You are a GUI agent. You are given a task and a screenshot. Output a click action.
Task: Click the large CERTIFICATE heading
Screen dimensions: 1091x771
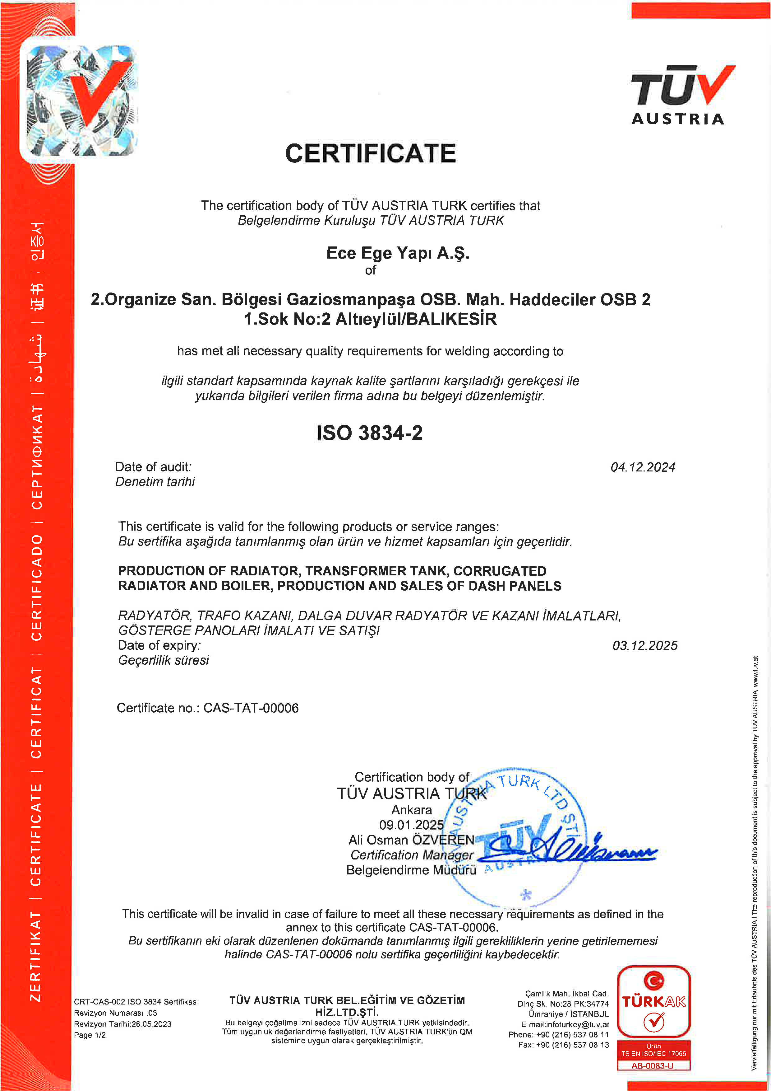tap(370, 153)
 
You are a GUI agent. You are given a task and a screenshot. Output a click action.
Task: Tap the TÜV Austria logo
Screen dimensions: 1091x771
tap(682, 95)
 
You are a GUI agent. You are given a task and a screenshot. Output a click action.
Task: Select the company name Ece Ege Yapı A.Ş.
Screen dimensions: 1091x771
tap(397, 253)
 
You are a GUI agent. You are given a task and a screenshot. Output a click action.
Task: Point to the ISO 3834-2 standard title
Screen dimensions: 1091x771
tap(369, 433)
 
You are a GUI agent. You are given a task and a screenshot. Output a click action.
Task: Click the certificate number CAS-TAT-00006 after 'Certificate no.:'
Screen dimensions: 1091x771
tap(251, 708)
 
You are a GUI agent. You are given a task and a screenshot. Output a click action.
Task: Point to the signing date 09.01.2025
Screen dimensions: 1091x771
tap(411, 825)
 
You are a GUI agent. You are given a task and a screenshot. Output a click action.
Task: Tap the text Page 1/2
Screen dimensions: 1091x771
tap(90, 1035)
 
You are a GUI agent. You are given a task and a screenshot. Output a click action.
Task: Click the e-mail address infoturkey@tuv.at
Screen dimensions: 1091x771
tap(577, 1024)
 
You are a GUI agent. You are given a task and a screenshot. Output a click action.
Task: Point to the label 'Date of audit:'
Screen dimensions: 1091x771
tap(153, 467)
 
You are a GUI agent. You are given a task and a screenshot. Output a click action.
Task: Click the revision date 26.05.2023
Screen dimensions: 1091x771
tap(151, 1024)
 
